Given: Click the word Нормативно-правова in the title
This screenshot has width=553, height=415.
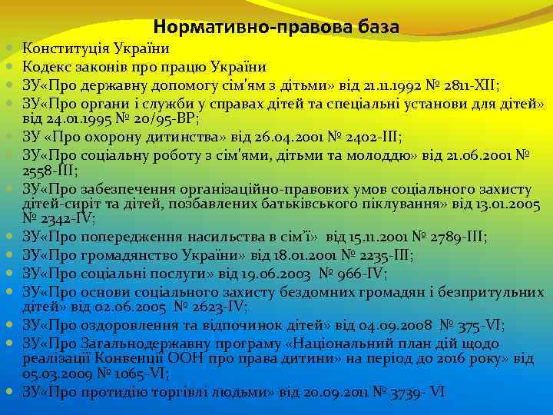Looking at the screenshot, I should (x=245, y=28).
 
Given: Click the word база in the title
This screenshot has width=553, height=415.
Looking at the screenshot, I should (x=373, y=28).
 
